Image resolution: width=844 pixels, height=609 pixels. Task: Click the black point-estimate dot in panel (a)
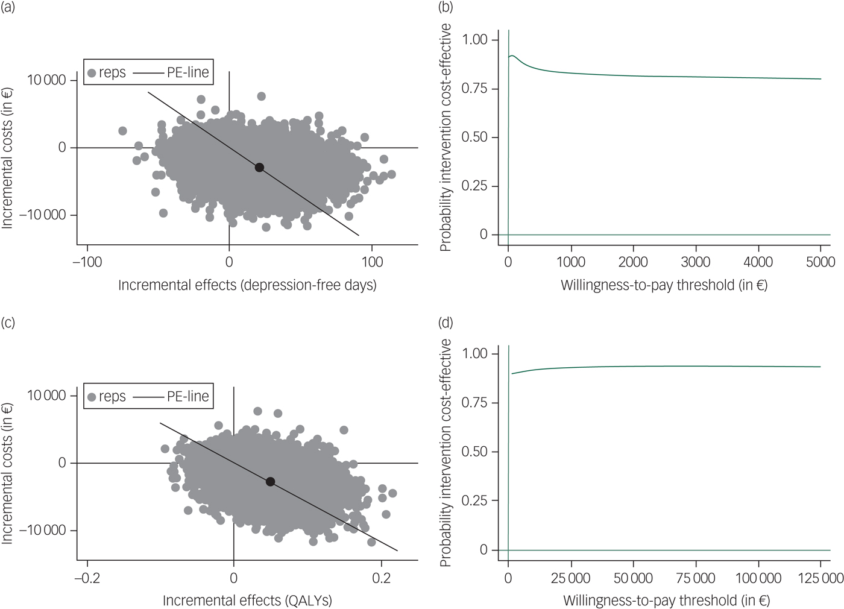(259, 168)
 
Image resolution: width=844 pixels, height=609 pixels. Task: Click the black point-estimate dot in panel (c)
(270, 482)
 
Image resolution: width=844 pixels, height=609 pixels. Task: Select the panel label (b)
(446, 8)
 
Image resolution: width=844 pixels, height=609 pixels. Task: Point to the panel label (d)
(446, 323)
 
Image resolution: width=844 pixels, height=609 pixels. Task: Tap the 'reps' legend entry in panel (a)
(107, 73)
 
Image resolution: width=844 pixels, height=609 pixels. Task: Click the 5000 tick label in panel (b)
(820, 262)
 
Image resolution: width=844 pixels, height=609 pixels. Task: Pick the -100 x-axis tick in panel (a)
(87, 262)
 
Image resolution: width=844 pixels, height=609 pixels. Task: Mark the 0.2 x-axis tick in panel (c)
(381, 578)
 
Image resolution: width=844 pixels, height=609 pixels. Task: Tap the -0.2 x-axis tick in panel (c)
(87, 578)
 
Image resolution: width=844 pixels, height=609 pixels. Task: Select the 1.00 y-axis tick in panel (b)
(474, 40)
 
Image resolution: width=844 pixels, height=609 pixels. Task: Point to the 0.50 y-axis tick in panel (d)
(474, 452)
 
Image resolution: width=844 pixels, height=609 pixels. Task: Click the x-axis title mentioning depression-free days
(247, 285)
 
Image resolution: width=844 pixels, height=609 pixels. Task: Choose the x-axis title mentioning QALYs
(247, 601)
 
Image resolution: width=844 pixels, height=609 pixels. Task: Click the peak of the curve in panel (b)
(512, 56)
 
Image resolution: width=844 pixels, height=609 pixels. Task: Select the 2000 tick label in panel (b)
(633, 262)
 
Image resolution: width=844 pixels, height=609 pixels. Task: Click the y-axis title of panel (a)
(7, 158)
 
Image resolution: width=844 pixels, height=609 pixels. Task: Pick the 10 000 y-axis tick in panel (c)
(46, 396)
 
